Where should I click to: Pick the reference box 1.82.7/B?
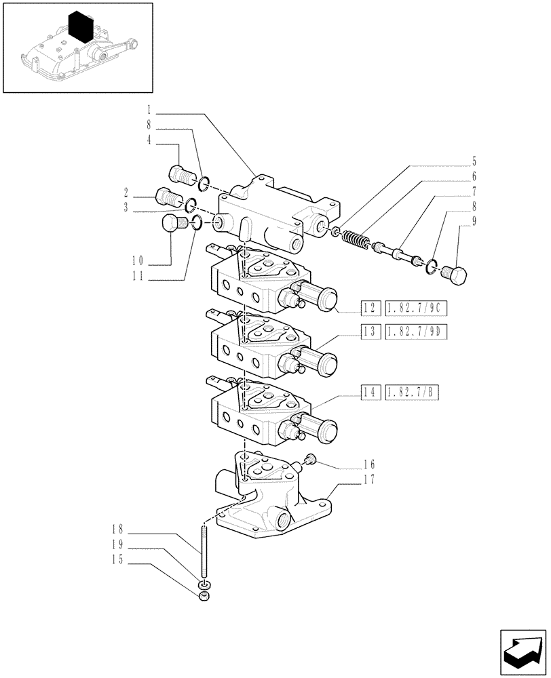(x=412, y=391)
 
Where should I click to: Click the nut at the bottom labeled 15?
(x=203, y=597)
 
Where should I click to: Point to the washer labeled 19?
(x=203, y=584)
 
